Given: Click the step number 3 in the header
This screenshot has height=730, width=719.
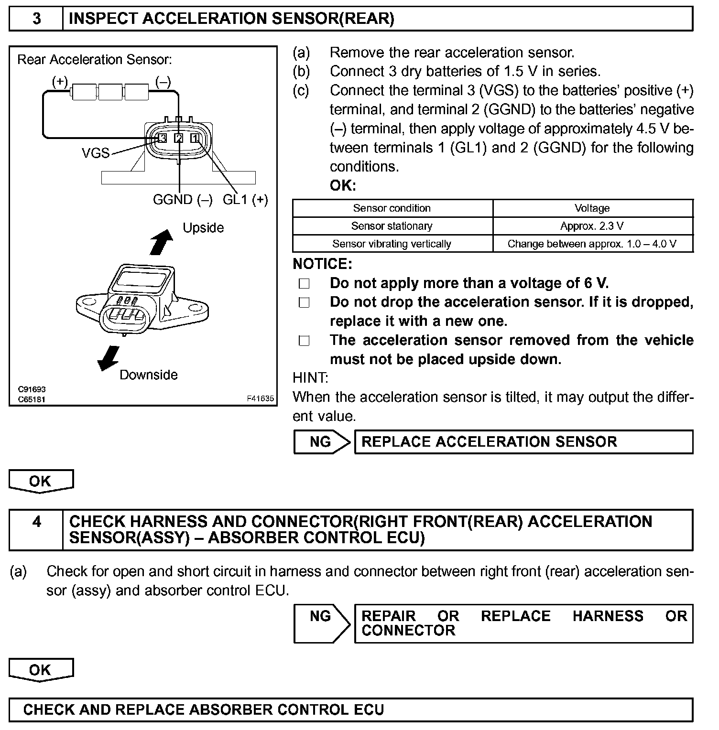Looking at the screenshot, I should (x=36, y=19).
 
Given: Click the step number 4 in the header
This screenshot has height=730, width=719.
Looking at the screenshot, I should (x=36, y=522).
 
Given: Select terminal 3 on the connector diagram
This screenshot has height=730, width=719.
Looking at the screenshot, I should (x=163, y=138).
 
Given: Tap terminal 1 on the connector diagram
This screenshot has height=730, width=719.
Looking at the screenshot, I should (x=195, y=138).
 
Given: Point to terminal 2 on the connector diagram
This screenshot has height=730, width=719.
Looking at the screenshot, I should (x=179, y=138).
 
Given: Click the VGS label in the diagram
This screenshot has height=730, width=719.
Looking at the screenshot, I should (x=96, y=153).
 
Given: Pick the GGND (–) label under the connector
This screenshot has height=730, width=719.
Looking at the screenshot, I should (x=183, y=200).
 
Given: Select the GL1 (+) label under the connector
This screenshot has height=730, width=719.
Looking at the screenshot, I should (x=245, y=200).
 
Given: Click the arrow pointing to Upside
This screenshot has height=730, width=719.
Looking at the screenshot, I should (x=161, y=242).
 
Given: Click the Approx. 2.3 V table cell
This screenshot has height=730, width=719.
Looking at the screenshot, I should (x=592, y=226).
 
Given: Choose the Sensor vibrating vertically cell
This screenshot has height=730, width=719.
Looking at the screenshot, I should (x=392, y=244).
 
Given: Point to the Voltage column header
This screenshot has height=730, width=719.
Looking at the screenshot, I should (x=592, y=208).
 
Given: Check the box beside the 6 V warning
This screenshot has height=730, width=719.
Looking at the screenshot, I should (x=304, y=284).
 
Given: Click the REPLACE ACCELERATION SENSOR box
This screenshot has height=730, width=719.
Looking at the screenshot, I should (x=523, y=442).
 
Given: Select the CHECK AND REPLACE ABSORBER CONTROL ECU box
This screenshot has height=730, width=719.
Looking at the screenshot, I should (x=350, y=710).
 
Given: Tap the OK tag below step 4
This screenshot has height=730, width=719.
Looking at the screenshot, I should (x=41, y=670).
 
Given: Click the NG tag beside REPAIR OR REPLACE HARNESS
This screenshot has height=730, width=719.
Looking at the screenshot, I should (x=320, y=617).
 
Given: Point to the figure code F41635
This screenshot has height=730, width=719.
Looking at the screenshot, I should (x=261, y=398).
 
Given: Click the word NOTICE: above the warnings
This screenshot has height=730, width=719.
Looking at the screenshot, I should (x=322, y=264).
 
